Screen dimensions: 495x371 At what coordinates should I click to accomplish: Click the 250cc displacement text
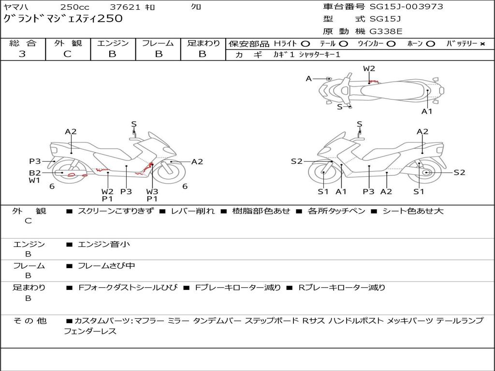click(74, 7)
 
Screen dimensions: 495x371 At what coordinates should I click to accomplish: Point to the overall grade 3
click(22, 54)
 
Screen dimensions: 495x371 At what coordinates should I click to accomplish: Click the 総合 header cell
click(23, 43)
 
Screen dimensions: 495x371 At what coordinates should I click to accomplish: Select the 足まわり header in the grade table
click(203, 43)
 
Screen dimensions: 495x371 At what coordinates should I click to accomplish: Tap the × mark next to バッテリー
click(482, 44)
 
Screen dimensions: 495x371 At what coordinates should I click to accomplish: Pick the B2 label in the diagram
click(35, 172)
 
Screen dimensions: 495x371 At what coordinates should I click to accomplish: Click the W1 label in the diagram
click(34, 181)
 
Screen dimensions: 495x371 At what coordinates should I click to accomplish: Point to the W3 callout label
click(152, 191)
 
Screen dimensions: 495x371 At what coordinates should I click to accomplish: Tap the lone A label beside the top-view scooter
click(308, 78)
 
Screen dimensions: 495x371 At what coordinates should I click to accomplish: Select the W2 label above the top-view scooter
click(369, 69)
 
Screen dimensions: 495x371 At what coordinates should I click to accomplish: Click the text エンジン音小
click(104, 244)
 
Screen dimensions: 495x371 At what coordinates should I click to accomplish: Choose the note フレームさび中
click(106, 266)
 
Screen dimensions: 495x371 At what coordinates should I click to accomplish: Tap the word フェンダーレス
click(90, 331)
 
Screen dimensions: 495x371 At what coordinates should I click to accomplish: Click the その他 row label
click(29, 321)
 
